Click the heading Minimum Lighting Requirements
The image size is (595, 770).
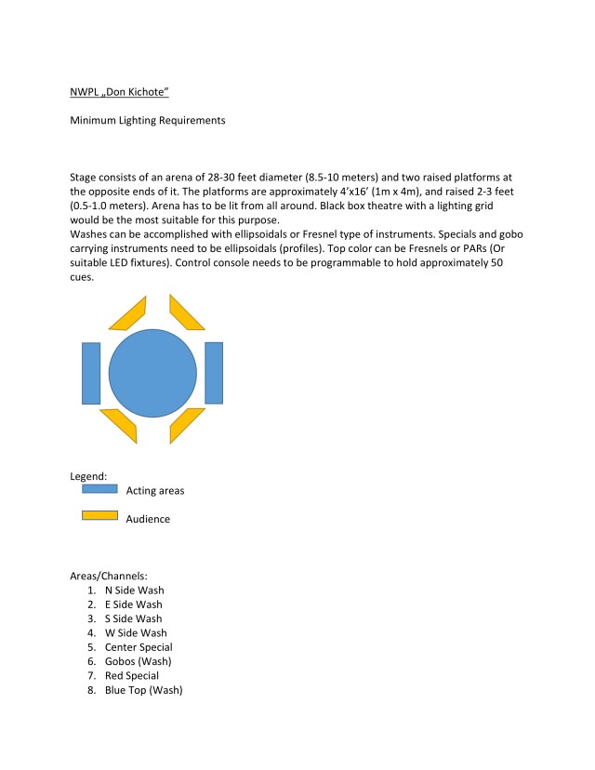pos(148,120)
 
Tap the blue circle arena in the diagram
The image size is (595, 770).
pos(152,373)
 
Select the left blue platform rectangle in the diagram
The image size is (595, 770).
pos(91,373)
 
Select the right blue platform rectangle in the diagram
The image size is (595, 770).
pos(214,373)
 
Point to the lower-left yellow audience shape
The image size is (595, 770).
pos(120,424)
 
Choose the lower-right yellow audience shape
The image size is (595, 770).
pos(187,424)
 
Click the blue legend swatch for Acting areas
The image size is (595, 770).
pos(99,487)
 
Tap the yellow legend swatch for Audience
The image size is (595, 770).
pos(99,515)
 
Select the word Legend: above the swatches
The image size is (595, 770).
pos(89,475)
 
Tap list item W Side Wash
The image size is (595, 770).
pos(135,633)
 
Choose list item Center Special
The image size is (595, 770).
pos(139,647)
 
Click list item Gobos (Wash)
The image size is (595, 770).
pos(138,661)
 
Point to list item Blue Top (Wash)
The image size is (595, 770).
pos(143,690)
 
